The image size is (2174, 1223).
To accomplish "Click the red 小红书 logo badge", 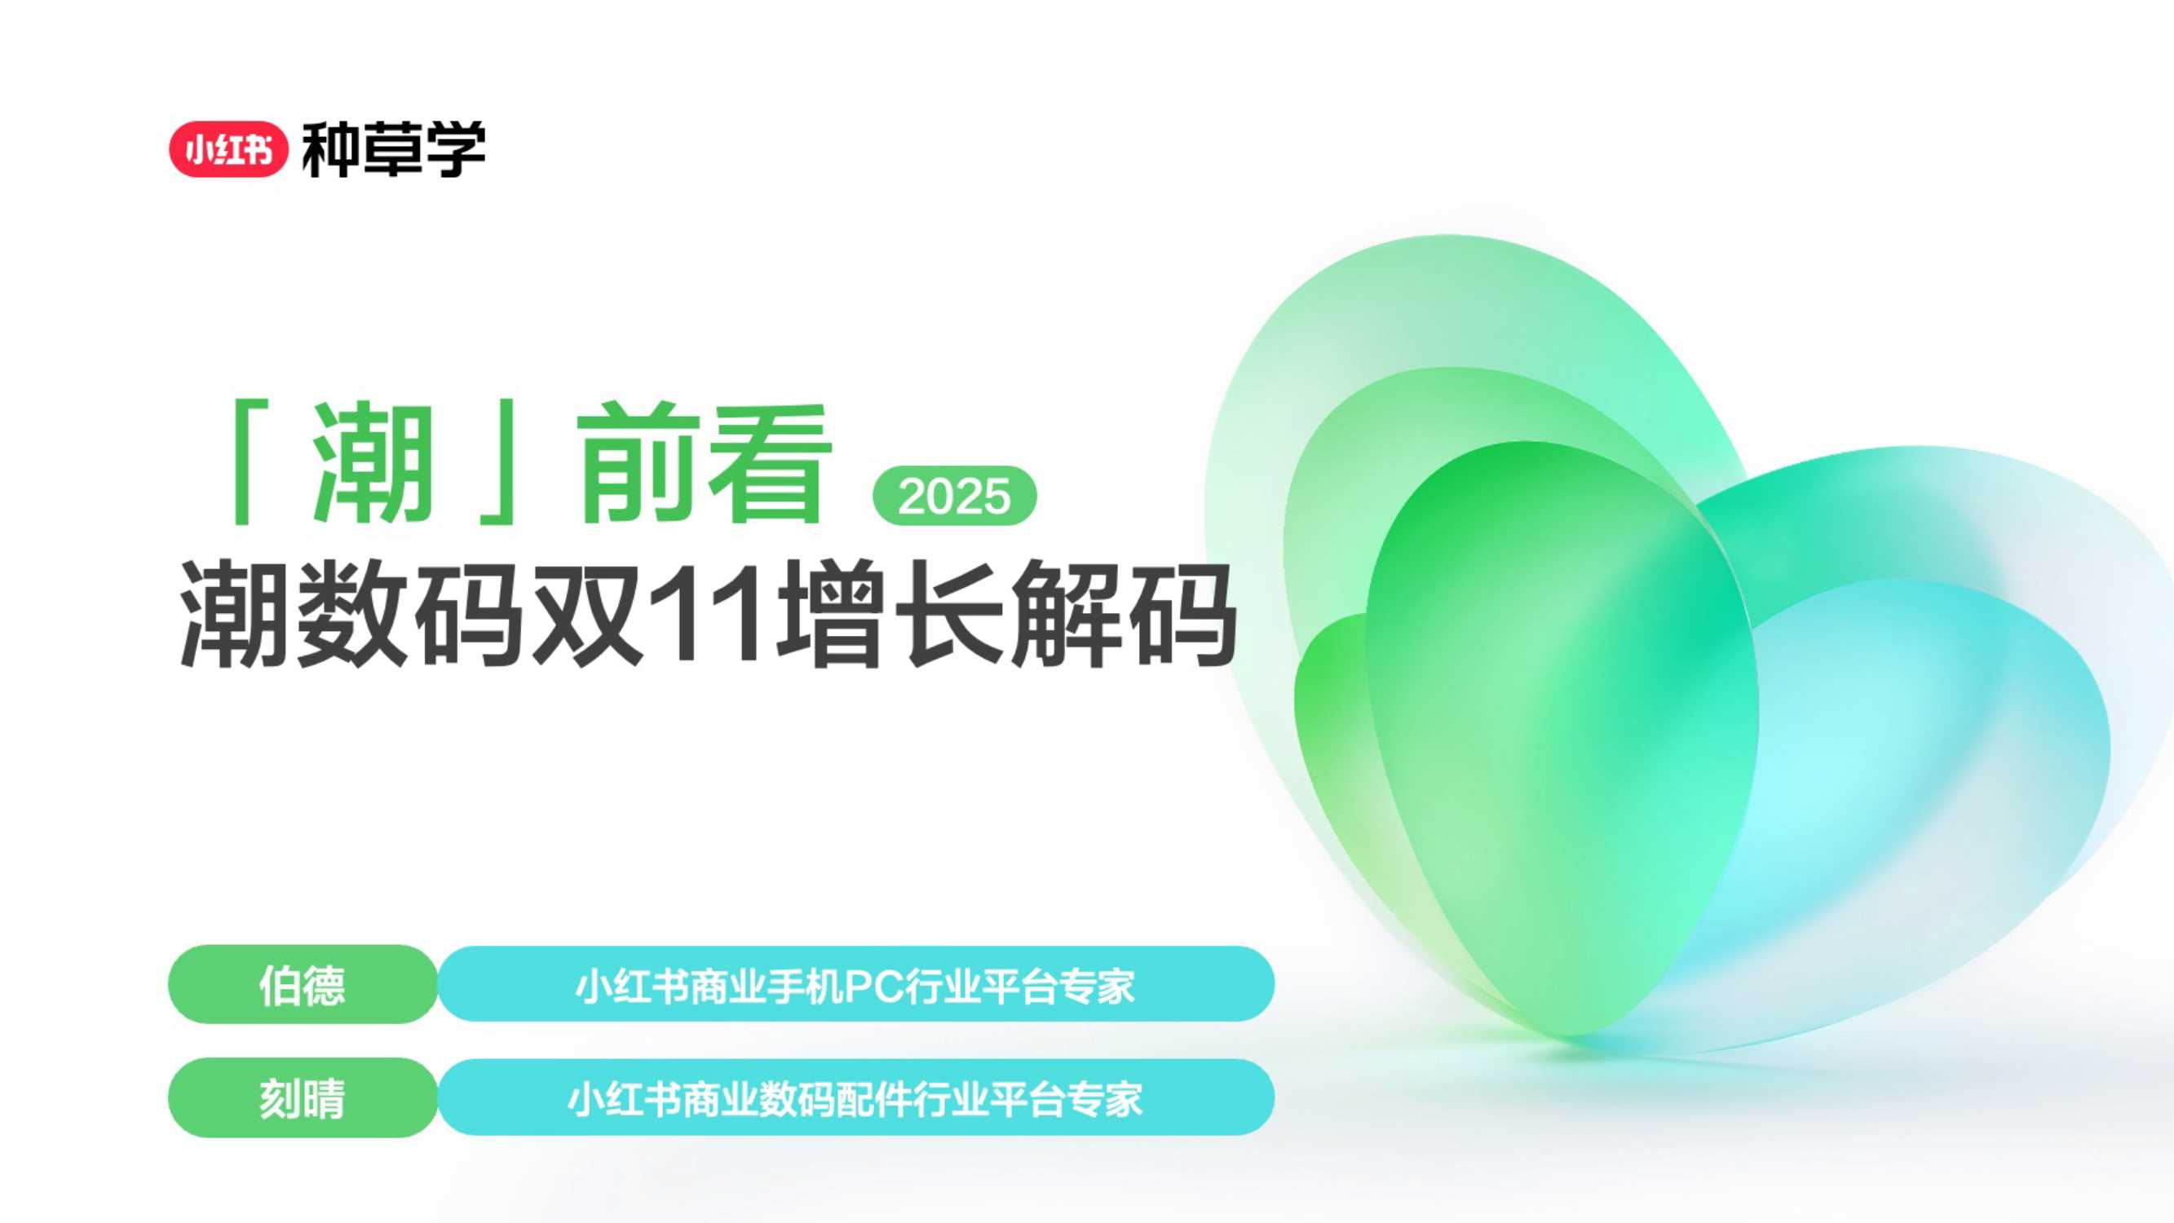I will pyautogui.click(x=228, y=149).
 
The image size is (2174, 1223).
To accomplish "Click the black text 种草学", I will pyautogui.click(x=393, y=149).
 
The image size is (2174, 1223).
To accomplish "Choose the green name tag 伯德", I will pyautogui.click(x=303, y=985).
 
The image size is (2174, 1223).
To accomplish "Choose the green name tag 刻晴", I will pyautogui.click(x=303, y=1098).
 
